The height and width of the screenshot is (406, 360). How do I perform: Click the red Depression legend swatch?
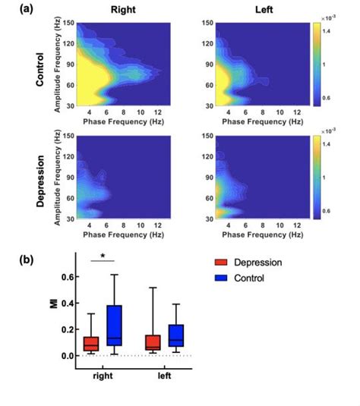click(x=222, y=263)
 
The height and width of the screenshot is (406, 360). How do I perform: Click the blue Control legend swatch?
click(x=222, y=279)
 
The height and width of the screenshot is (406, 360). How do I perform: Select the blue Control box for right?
click(x=115, y=326)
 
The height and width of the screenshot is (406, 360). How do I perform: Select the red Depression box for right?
click(x=91, y=344)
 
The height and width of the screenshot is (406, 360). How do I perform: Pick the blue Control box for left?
click(x=176, y=335)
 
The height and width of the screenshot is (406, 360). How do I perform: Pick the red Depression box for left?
click(x=153, y=343)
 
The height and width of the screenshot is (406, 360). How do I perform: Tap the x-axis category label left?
click(x=165, y=376)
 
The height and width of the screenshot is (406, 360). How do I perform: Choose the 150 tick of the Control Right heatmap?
click(x=69, y=24)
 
